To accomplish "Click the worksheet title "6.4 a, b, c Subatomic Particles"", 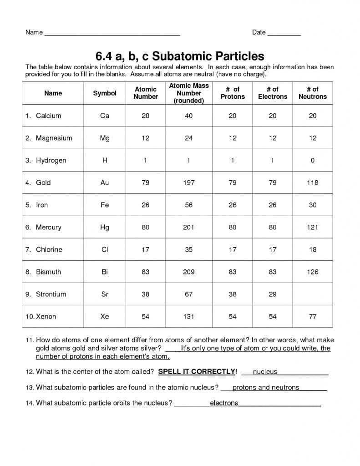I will click(x=179, y=56).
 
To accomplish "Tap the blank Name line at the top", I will click(x=112, y=33).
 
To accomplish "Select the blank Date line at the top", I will click(x=284, y=33).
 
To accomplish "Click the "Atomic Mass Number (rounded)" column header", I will click(x=189, y=93).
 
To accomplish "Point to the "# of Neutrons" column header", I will click(x=312, y=93).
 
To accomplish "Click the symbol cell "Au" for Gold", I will click(x=105, y=182).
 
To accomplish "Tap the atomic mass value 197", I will click(x=188, y=182).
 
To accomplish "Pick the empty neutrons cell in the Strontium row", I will click(x=312, y=294).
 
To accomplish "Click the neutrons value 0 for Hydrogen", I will click(x=312, y=160).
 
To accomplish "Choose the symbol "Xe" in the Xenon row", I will click(x=105, y=316).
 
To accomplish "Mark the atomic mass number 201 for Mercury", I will click(x=188, y=227).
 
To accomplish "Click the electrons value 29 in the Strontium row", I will click(x=272, y=294).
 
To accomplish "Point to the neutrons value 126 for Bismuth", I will click(x=312, y=272).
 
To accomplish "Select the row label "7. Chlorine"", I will click(x=49, y=249).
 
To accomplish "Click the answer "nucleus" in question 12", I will click(x=265, y=372).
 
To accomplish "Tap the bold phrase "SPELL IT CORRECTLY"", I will click(x=196, y=372).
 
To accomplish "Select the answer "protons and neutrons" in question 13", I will click(x=266, y=387).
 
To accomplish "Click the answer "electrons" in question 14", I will click(x=224, y=403).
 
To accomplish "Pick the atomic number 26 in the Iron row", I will click(x=145, y=205).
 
